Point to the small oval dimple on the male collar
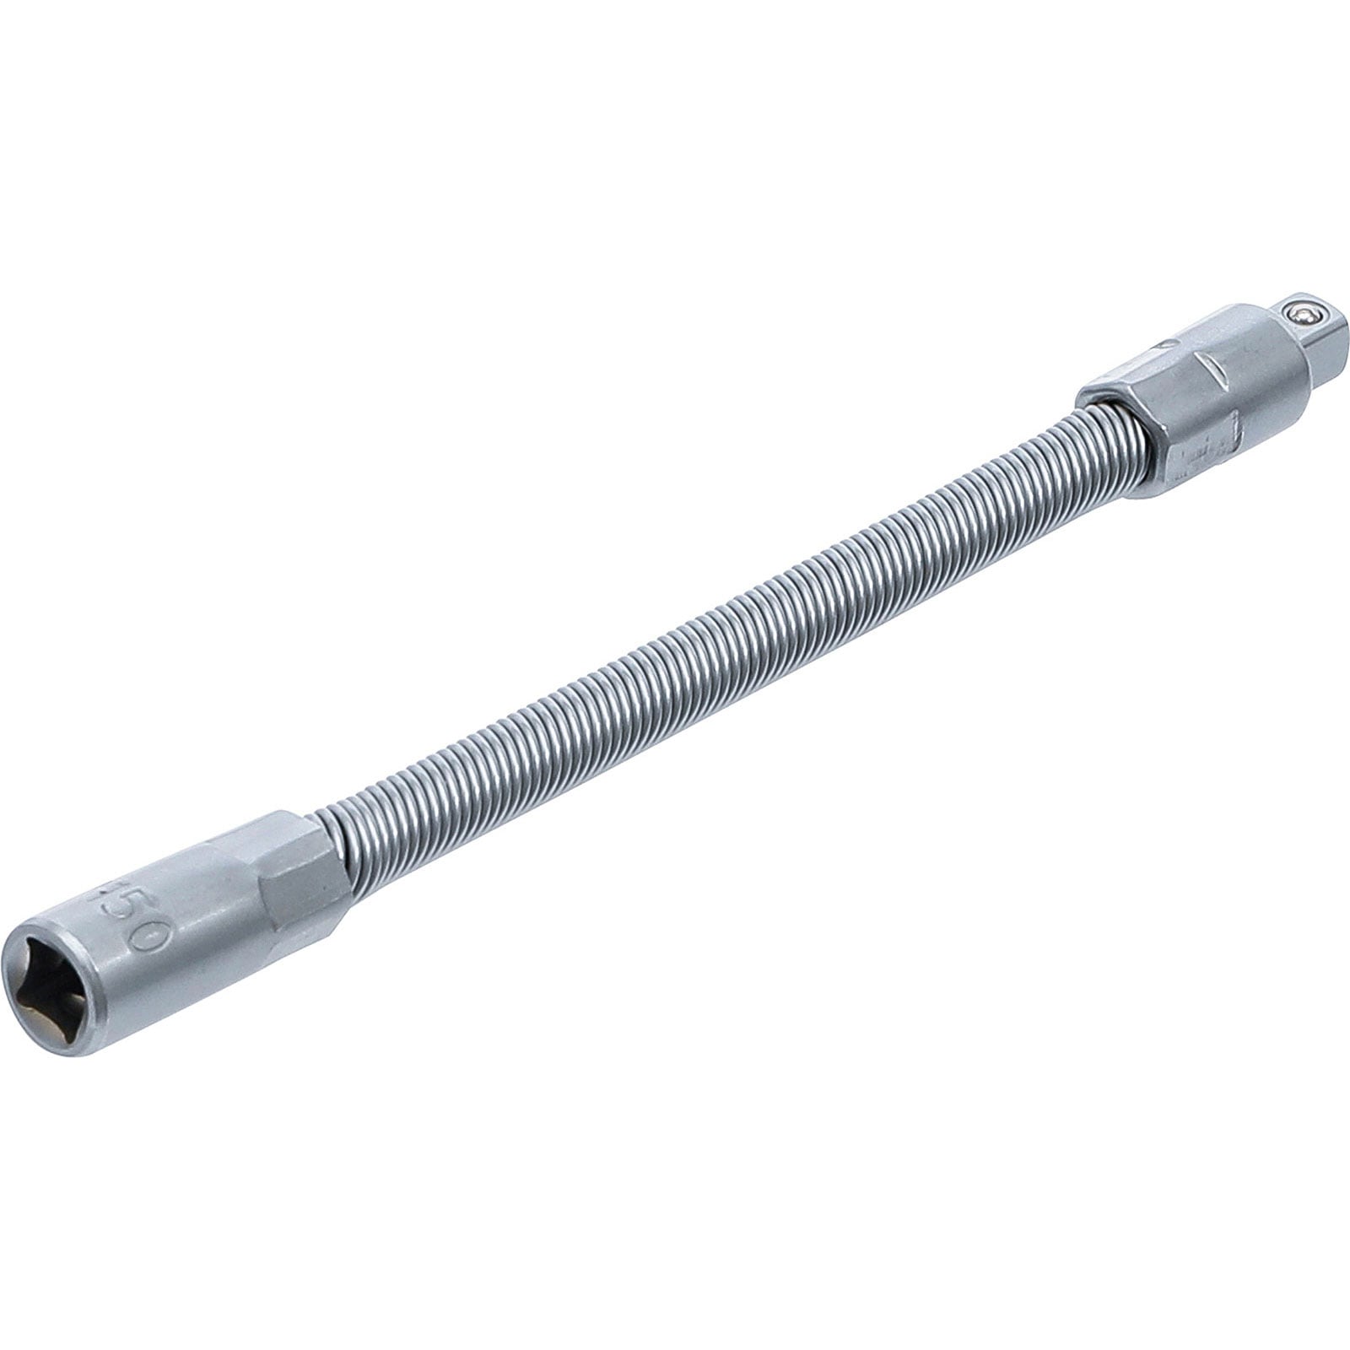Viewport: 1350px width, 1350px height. (1167, 344)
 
